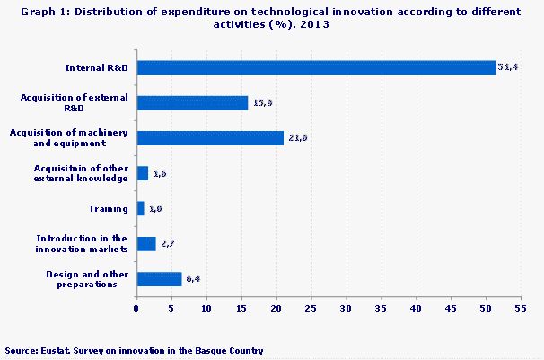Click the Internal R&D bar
(x=316, y=67)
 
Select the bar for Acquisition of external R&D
(x=192, y=102)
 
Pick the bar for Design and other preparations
(x=159, y=278)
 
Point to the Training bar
(x=140, y=208)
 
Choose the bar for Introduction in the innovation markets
(x=146, y=243)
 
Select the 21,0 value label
(x=298, y=137)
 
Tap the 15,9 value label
(x=262, y=102)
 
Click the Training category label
(x=108, y=209)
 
